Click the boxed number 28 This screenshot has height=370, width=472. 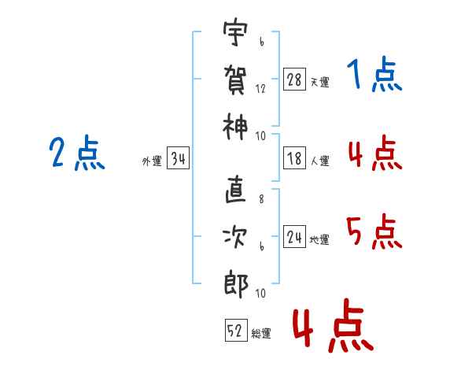(295, 80)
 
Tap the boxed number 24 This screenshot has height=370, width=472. (295, 238)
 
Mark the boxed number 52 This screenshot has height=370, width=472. (234, 331)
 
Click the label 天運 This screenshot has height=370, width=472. (319, 82)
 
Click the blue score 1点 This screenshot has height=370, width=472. (374, 76)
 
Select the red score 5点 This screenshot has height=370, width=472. (374, 231)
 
